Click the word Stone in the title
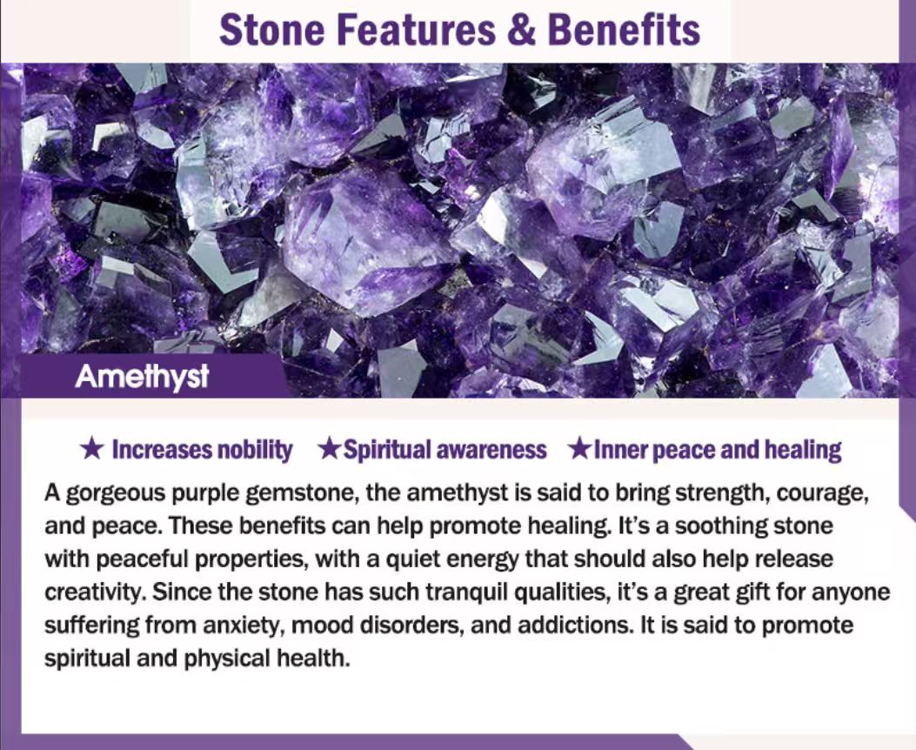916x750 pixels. [x=271, y=30]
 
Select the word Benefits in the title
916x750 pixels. [x=624, y=30]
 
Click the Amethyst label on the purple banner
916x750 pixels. [x=142, y=377]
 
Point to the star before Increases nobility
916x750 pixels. [x=91, y=449]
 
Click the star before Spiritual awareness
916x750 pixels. [x=330, y=449]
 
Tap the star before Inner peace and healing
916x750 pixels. [x=580, y=449]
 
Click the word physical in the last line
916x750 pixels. [x=227, y=659]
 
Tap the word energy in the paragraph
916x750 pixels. [x=482, y=559]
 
